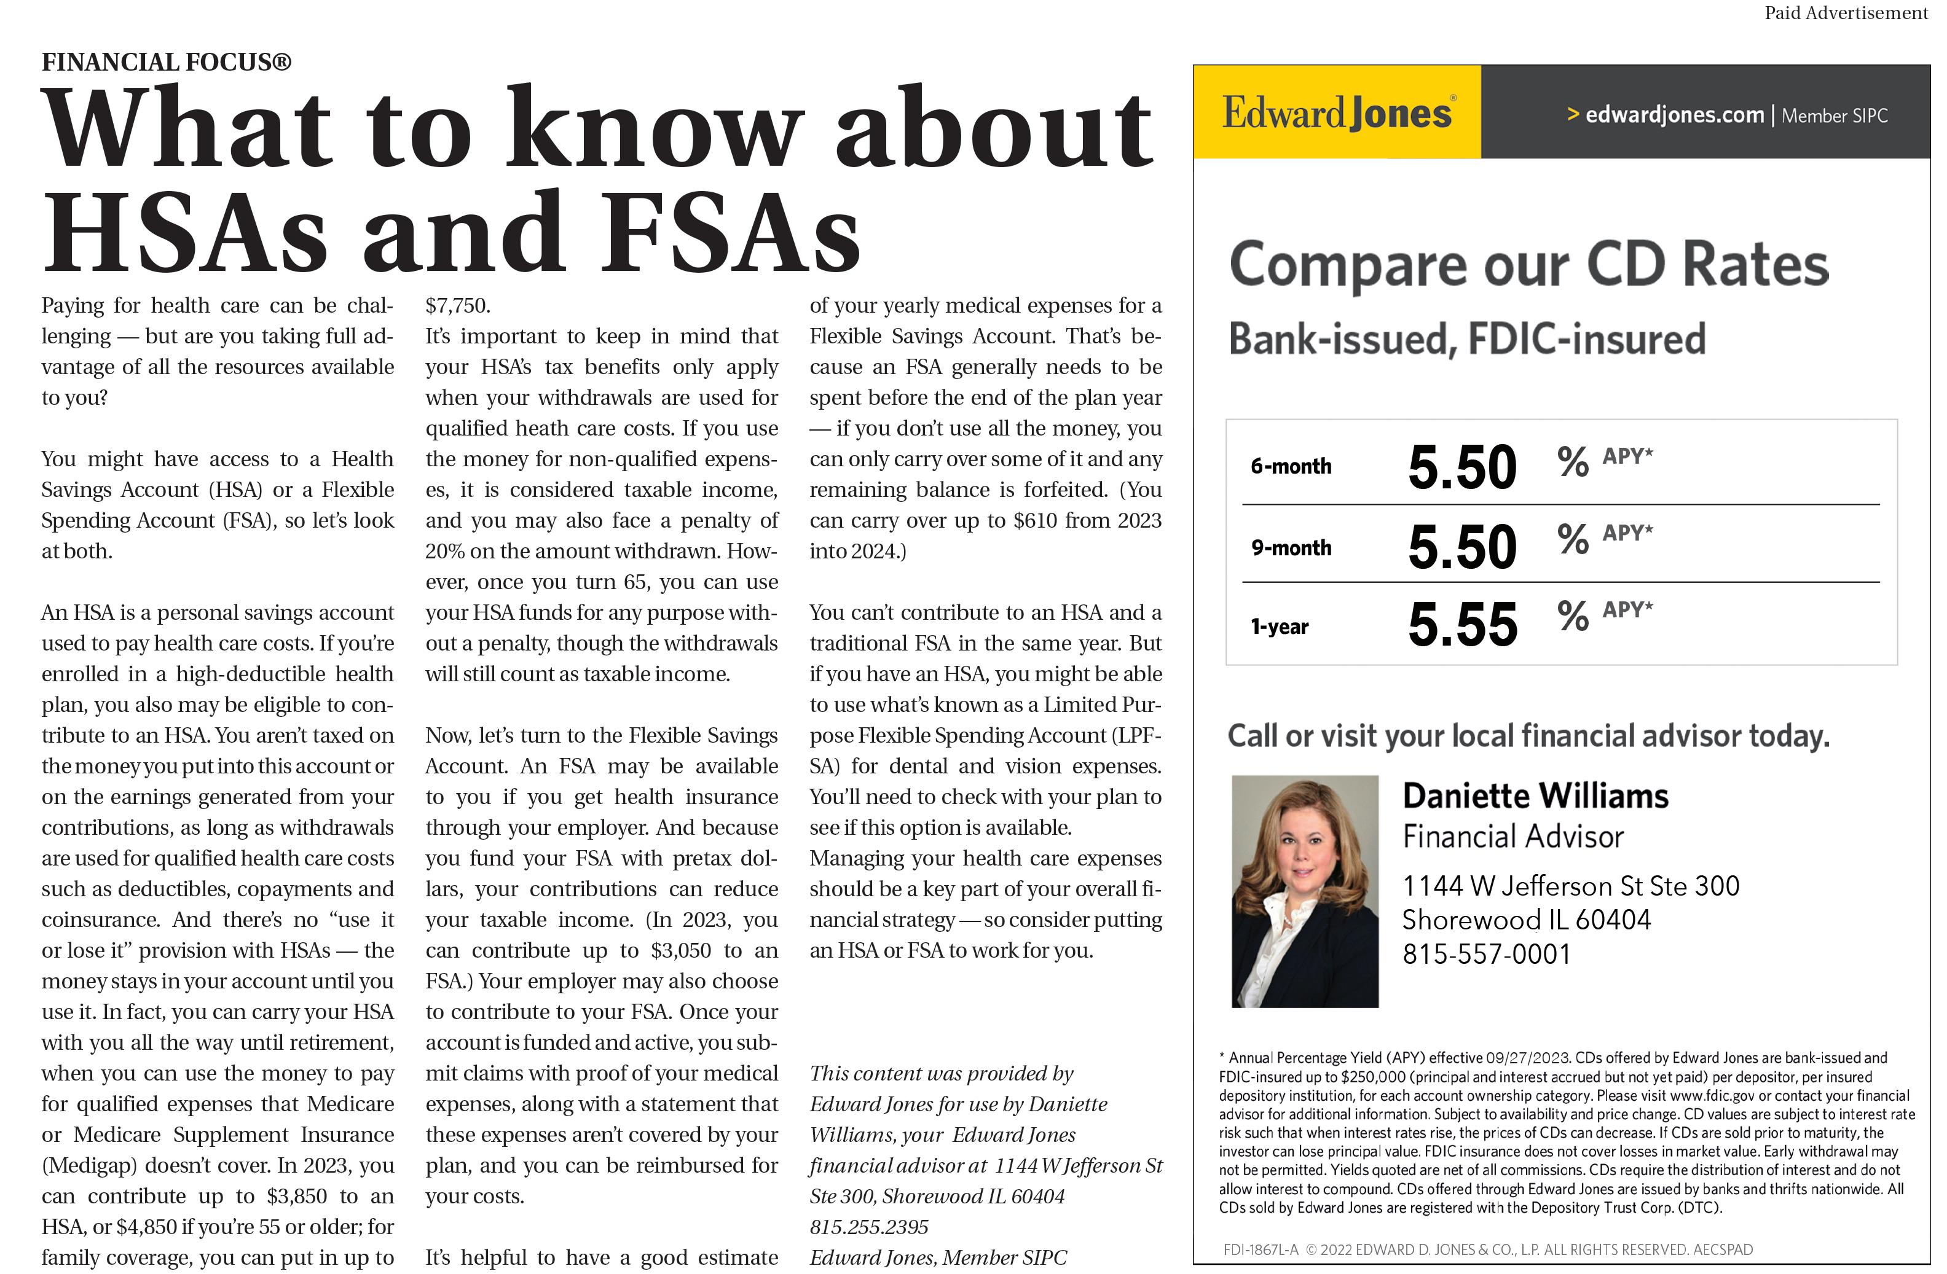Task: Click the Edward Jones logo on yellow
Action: (x=1337, y=113)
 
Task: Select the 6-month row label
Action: (x=1291, y=466)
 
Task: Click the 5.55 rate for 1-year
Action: (x=1462, y=625)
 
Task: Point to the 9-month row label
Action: (x=1291, y=548)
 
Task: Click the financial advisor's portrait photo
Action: (x=1305, y=891)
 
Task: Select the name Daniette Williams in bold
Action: (x=1535, y=795)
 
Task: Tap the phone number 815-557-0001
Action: (x=1487, y=955)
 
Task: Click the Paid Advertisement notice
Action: (x=1846, y=13)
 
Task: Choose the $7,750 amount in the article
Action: (x=457, y=306)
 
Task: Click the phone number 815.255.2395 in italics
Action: (x=869, y=1227)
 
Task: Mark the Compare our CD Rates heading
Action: (x=1528, y=265)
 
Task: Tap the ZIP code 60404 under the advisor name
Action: (x=1613, y=920)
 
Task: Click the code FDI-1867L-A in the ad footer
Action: (x=1260, y=1249)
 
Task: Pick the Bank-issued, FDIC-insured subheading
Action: (x=1467, y=338)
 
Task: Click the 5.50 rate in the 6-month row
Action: (x=1462, y=467)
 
